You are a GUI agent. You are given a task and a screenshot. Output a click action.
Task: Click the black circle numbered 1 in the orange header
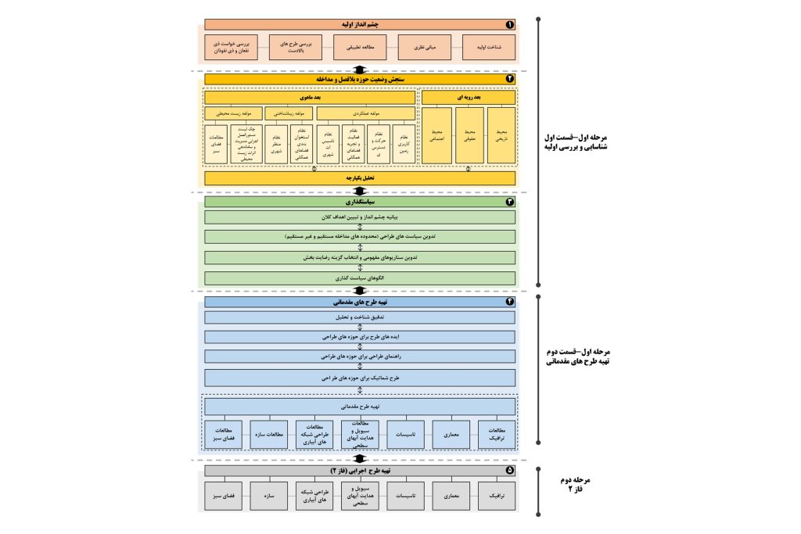(509, 24)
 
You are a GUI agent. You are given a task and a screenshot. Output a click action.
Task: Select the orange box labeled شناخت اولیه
(489, 48)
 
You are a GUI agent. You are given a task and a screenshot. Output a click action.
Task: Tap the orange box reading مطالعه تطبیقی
(360, 48)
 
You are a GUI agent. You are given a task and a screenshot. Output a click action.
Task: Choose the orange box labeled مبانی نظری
(424, 48)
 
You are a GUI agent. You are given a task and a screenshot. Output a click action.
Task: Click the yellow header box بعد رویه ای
(469, 98)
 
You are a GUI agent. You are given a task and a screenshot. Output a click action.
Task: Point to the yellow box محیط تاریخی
(501, 135)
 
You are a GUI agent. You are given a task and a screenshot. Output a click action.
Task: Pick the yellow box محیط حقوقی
(469, 135)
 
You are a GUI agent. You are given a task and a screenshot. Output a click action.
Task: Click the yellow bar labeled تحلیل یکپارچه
(360, 178)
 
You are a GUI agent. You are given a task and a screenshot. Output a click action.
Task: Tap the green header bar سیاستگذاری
(360, 202)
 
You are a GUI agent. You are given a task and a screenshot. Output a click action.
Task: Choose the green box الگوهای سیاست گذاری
(360, 278)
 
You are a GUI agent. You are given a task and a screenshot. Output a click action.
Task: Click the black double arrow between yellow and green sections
(360, 191)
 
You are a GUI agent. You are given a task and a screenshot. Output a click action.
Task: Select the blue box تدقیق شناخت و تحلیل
(360, 317)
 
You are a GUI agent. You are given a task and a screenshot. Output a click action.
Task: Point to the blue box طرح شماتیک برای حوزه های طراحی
(360, 378)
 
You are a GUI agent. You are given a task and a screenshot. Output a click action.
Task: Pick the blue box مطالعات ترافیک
(497, 434)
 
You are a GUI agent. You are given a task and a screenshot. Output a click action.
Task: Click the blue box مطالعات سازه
(269, 434)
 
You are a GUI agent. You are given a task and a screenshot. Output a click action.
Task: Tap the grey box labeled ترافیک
(497, 496)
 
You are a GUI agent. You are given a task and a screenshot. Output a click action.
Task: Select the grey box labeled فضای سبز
(224, 496)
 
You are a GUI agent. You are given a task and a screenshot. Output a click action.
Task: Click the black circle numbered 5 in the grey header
(509, 471)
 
